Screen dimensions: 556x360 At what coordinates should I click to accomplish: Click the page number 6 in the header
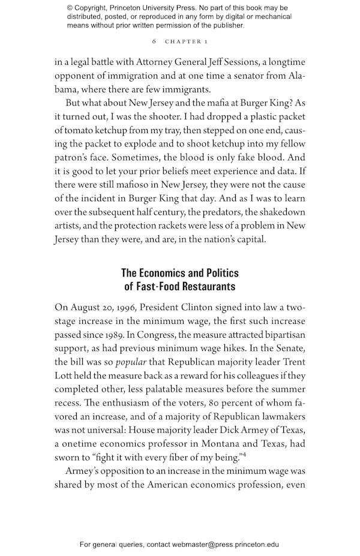154,41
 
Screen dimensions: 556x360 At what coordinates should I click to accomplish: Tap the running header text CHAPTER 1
187,41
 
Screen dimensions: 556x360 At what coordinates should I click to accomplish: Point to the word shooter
203,117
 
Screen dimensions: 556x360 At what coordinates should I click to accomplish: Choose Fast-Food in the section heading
162,286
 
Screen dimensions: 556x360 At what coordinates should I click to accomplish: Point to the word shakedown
281,227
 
